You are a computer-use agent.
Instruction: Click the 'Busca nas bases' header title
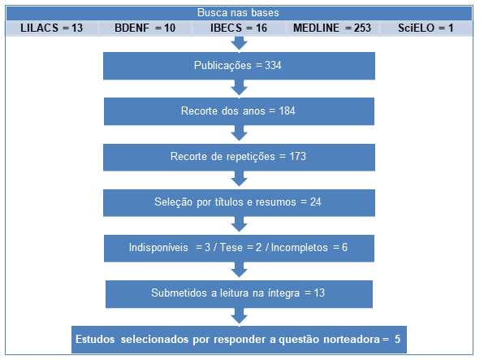[x=238, y=13]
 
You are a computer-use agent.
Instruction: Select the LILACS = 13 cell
[x=51, y=28]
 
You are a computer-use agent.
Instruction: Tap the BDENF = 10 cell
[x=145, y=28]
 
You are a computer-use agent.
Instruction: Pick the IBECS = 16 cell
[x=239, y=28]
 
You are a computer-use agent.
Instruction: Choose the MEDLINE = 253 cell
[x=332, y=28]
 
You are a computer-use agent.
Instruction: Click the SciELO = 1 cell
[x=426, y=28]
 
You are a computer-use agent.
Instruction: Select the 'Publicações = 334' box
[x=239, y=66]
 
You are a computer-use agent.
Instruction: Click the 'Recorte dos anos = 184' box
[x=239, y=111]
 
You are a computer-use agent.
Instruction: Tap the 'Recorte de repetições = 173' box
[x=239, y=157]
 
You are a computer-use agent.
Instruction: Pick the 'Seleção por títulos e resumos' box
[x=239, y=202]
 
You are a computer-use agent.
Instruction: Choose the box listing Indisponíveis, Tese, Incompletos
[x=239, y=248]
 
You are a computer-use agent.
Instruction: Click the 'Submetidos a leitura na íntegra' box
[x=239, y=294]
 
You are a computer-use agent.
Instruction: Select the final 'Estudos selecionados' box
[x=239, y=340]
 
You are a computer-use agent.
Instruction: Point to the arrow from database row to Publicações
[x=240, y=43]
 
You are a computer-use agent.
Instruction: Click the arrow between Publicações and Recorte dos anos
[x=240, y=88]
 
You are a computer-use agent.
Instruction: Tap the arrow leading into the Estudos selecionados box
[x=240, y=316]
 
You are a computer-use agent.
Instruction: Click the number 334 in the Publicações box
[x=273, y=66]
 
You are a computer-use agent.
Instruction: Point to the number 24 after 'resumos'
[x=315, y=202]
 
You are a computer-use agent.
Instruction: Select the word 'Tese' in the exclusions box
[x=231, y=248]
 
